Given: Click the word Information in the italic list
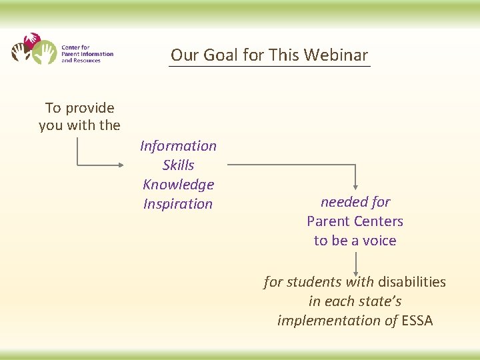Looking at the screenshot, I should coord(178,146).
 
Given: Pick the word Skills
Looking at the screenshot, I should coord(178,165).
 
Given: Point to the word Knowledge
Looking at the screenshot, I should coord(178,185).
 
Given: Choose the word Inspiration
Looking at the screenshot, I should coord(178,204).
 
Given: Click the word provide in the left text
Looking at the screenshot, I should coord(89,108).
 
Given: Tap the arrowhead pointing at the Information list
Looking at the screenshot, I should coord(121,165).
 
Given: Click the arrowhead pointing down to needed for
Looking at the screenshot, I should coord(355,187).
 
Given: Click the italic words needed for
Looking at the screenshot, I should coord(355,202).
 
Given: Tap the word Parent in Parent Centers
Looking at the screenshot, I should coord(328,221).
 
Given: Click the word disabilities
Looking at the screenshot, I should coord(412,282).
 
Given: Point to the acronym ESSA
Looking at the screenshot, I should coord(417,321).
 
